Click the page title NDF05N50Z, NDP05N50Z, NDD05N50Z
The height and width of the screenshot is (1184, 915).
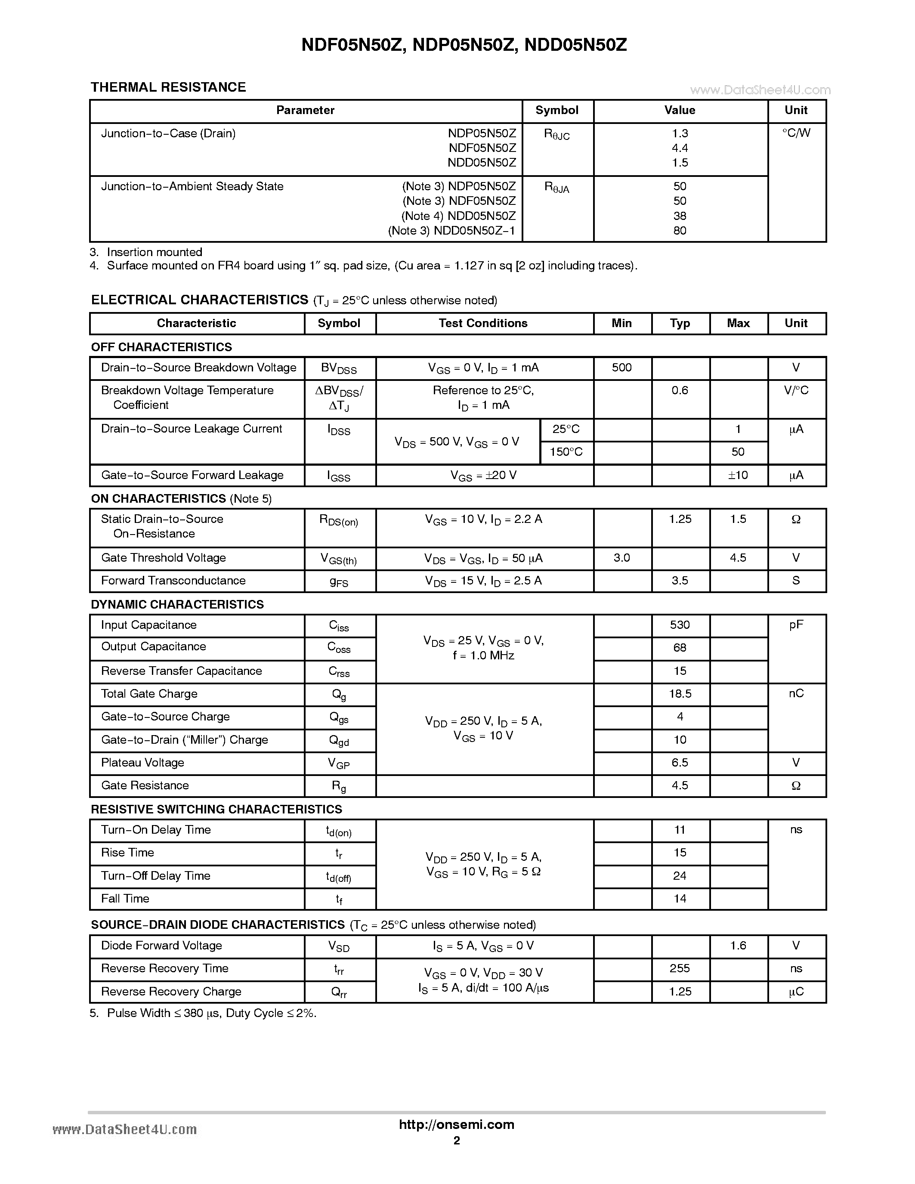point(464,45)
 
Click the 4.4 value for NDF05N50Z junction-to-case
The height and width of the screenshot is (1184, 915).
point(680,148)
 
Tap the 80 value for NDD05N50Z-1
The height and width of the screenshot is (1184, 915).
point(680,231)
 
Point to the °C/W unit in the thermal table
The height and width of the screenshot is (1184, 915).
point(796,133)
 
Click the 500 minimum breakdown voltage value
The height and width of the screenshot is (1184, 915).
point(622,368)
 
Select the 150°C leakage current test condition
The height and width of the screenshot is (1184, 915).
point(566,452)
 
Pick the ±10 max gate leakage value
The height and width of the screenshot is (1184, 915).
point(738,476)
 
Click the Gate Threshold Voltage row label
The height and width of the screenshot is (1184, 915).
point(163,558)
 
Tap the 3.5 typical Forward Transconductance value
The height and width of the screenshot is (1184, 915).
point(680,581)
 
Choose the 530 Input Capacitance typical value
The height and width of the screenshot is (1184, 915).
point(680,625)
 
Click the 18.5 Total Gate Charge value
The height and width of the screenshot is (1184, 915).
point(680,694)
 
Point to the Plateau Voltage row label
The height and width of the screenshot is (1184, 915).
point(142,763)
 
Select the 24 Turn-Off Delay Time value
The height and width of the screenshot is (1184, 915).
point(680,876)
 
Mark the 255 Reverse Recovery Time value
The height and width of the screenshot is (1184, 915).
point(680,969)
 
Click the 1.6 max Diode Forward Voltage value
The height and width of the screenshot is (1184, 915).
point(738,946)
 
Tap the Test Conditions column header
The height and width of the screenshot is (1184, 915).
point(483,324)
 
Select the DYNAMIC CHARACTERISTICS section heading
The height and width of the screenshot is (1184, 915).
point(177,604)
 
